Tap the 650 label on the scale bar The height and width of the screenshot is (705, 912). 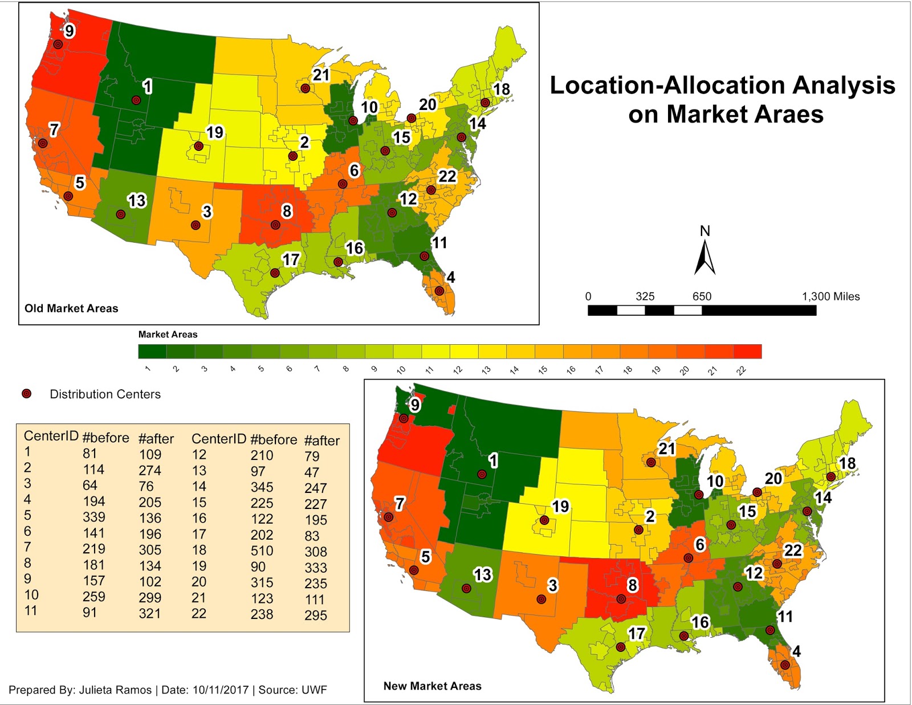[x=702, y=296]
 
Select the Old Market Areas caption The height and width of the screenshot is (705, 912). [x=71, y=308]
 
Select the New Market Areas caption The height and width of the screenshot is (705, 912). [x=432, y=686]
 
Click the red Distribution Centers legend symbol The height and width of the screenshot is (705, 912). [x=26, y=394]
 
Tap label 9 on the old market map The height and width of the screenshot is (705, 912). [x=69, y=31]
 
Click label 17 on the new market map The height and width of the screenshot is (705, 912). [x=636, y=634]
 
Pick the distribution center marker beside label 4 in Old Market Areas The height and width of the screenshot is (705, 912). [x=439, y=291]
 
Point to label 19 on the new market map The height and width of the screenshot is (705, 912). [x=560, y=506]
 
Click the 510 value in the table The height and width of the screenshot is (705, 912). [x=262, y=551]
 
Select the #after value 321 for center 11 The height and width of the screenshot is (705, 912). [x=150, y=614]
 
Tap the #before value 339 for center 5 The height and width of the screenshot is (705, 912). [x=93, y=517]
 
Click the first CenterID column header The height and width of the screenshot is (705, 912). [x=51, y=436]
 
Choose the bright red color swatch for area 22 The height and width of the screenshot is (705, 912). [x=747, y=352]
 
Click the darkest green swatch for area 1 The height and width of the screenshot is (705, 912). [x=152, y=352]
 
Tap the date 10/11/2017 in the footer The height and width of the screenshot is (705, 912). [x=221, y=690]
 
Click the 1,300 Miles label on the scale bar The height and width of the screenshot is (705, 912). [x=830, y=296]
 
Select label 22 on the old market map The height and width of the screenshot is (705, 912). [x=447, y=177]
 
